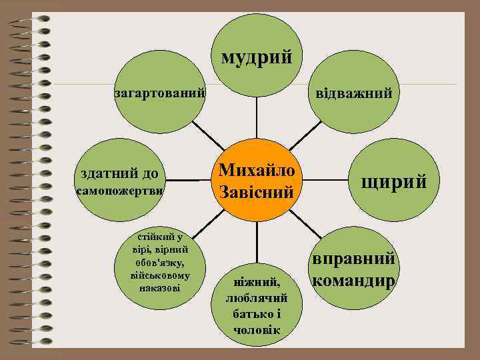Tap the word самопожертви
pos(120,191)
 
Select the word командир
pos(353,281)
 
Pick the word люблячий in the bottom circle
pos(257,298)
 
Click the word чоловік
pos(257,330)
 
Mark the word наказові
pos(161,287)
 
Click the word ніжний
pos(257,283)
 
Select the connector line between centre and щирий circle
pos(321,179)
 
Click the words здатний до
pos(119,175)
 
